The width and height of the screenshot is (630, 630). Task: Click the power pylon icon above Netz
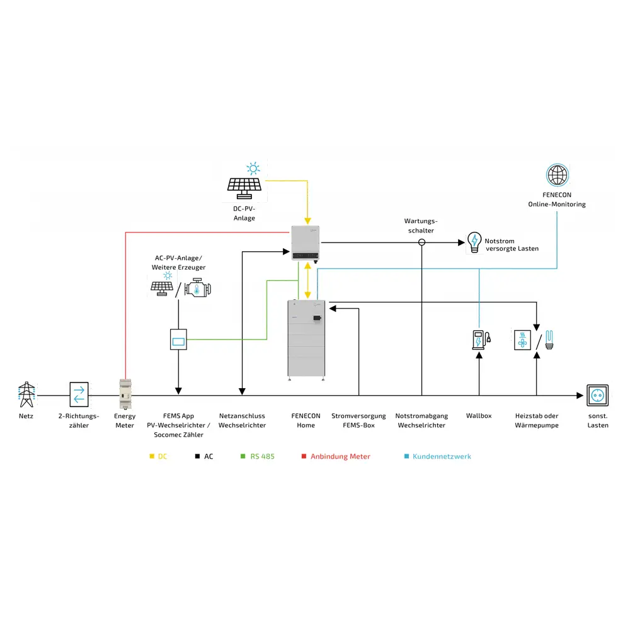point(26,395)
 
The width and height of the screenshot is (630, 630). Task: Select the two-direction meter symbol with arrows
point(79,395)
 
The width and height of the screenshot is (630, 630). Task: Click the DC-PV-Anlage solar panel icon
point(244,184)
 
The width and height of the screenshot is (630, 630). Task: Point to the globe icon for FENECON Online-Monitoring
point(557,175)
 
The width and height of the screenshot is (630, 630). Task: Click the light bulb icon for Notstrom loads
point(474,243)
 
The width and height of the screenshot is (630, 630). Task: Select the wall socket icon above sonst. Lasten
point(597,396)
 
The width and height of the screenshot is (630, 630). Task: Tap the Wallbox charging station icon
point(479,340)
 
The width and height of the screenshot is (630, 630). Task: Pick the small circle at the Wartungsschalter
point(421,243)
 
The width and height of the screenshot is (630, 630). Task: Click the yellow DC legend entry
point(159,456)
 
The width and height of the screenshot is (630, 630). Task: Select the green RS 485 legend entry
point(258,456)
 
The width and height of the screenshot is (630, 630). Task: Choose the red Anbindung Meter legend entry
point(335,456)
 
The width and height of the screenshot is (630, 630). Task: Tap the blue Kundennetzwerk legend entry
point(437,456)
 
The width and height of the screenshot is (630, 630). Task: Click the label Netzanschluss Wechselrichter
point(242,420)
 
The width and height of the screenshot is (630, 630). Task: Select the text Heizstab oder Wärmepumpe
point(537,420)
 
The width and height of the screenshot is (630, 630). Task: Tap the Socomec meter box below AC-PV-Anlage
point(178,340)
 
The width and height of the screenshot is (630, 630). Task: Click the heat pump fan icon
point(523,340)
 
